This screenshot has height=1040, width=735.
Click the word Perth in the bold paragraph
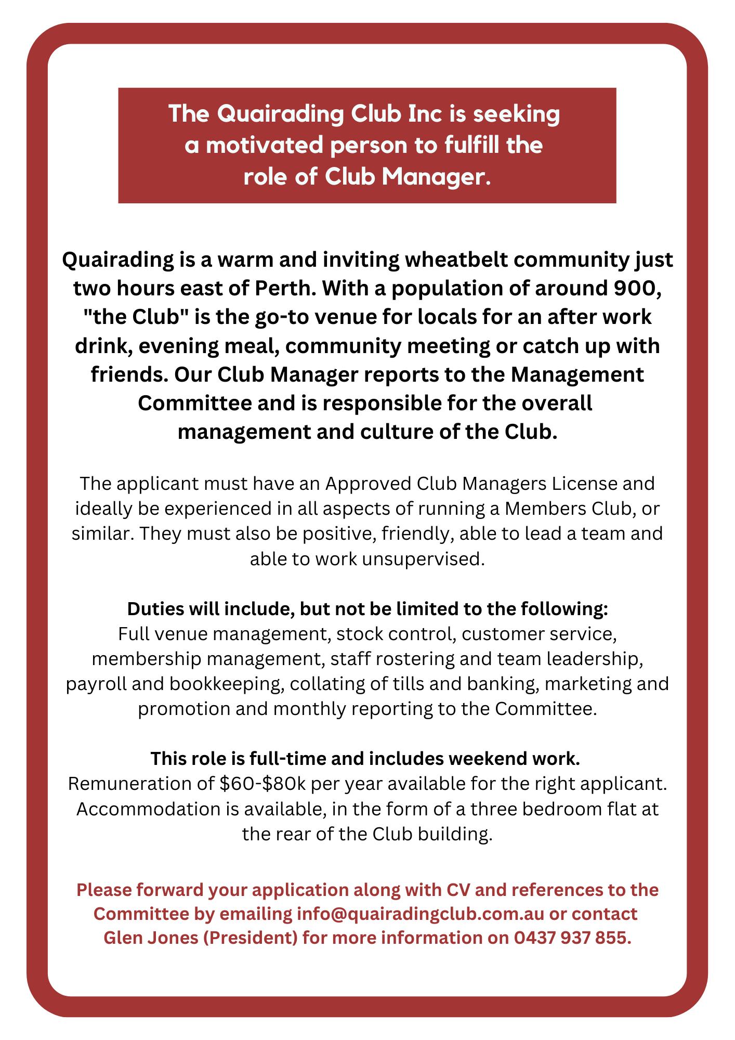pos(281,288)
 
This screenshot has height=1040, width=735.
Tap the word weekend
pos(480,759)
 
